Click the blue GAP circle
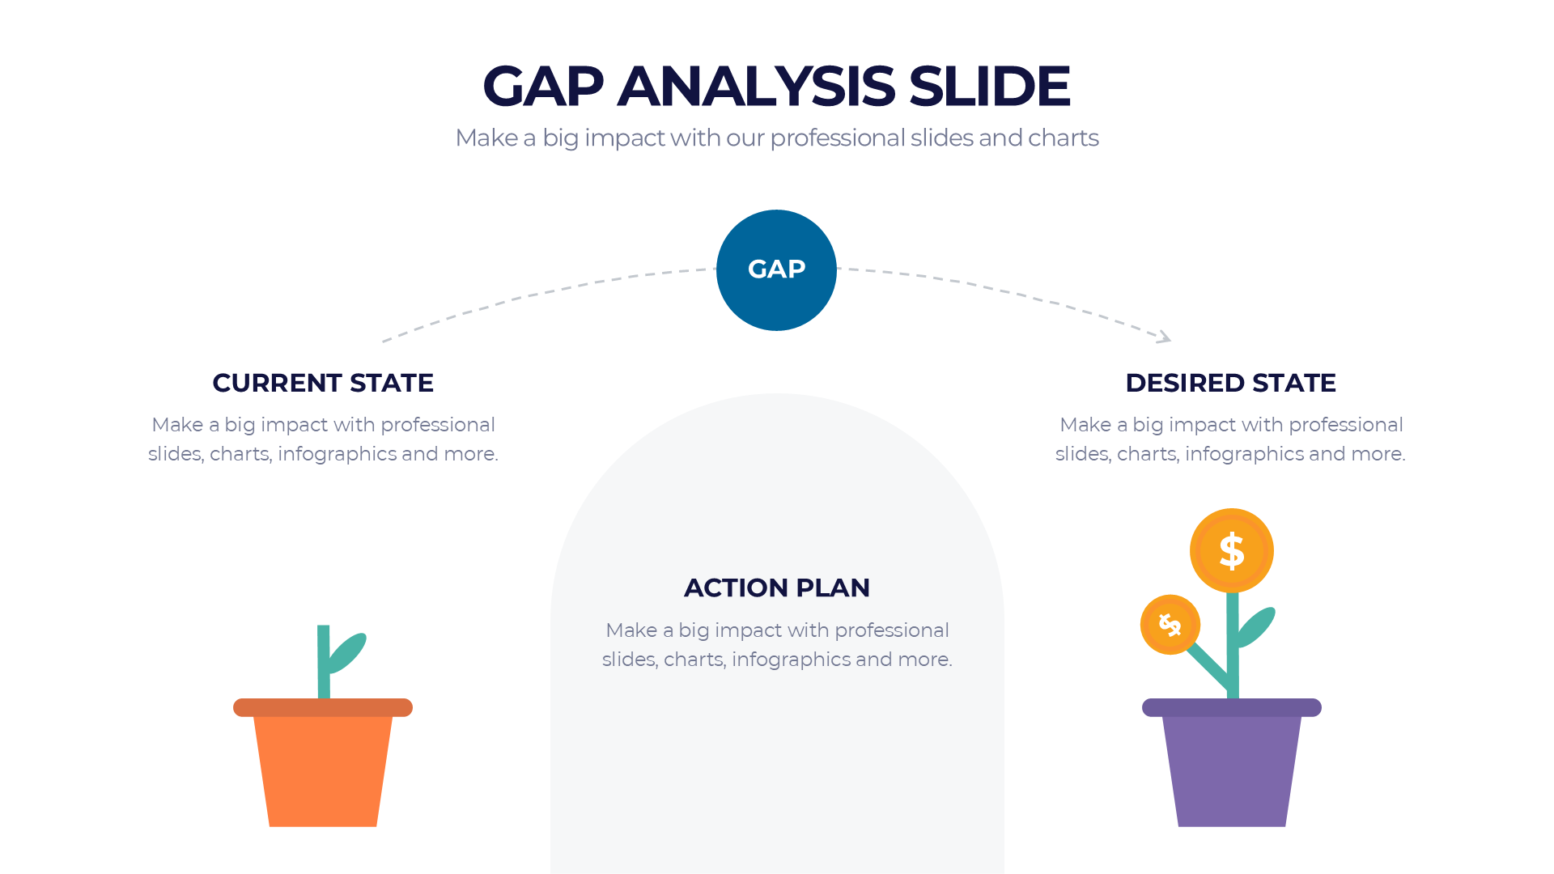(x=776, y=270)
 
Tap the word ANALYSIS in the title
(x=756, y=86)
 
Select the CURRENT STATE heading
(x=323, y=383)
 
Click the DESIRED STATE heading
(x=1230, y=383)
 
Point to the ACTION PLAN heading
(x=777, y=588)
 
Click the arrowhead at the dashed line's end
(x=1165, y=337)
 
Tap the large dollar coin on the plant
(x=1231, y=550)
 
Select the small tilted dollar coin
(x=1170, y=625)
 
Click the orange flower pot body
(x=323, y=769)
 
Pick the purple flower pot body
(x=1231, y=769)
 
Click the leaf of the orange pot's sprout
(x=347, y=651)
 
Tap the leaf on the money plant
(x=1256, y=626)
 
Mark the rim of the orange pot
(x=323, y=707)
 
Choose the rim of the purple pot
(x=1231, y=707)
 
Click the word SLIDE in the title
(x=989, y=86)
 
